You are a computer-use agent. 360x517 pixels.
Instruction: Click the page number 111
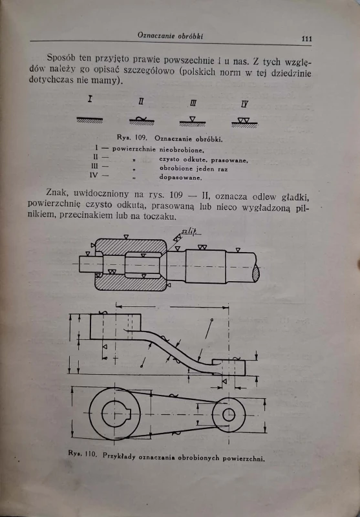[306, 39]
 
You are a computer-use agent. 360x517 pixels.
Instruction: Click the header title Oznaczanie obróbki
[170, 36]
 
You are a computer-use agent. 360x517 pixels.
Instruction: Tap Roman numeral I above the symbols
[90, 99]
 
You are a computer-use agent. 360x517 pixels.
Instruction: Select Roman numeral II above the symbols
[141, 102]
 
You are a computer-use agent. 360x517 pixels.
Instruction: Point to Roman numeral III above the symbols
[193, 104]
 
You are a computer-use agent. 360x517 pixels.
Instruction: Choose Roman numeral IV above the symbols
[245, 105]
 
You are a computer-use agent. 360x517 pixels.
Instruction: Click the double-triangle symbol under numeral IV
[244, 120]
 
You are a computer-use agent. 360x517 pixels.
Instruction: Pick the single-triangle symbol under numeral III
[193, 119]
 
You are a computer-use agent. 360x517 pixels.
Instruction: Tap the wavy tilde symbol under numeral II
[142, 119]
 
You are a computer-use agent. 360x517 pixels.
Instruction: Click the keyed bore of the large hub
[116, 414]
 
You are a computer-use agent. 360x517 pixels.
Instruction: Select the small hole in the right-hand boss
[229, 415]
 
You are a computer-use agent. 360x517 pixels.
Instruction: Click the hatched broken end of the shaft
[256, 273]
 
